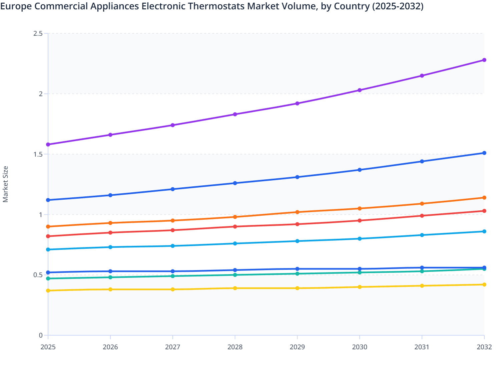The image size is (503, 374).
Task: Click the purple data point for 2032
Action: pos(484,60)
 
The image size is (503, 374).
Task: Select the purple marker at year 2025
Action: pos(48,145)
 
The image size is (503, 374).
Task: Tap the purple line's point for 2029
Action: pos(297,104)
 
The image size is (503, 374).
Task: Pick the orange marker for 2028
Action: pos(235,217)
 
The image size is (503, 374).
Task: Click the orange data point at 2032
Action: pos(484,198)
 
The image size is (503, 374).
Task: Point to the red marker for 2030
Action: pos(360,221)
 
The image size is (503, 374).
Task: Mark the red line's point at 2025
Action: pos(48,236)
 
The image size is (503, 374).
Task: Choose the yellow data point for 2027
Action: pos(173,290)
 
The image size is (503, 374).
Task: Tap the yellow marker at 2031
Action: pos(422,286)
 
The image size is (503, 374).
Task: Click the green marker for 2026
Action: pos(110,277)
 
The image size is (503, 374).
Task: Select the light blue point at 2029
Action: pos(297,241)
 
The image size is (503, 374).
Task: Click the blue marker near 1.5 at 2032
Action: pos(484,153)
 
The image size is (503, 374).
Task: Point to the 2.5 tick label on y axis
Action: pos(38,33)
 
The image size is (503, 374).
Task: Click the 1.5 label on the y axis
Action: pos(38,154)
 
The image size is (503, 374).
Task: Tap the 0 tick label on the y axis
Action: pos(41,335)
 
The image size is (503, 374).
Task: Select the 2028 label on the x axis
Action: pos(235,347)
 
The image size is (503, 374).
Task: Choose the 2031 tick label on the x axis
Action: pos(422,347)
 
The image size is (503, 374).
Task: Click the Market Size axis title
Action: pos(6,184)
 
